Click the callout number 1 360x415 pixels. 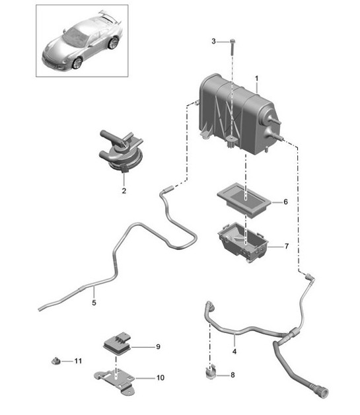[x=256, y=78]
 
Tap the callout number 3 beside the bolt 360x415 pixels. [x=213, y=42]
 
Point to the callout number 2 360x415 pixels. [x=123, y=192]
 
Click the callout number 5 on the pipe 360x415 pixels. [x=94, y=303]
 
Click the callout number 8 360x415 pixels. [x=232, y=375]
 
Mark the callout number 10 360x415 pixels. [x=160, y=378]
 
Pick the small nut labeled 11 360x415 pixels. [x=57, y=361]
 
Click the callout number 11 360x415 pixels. [x=77, y=361]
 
